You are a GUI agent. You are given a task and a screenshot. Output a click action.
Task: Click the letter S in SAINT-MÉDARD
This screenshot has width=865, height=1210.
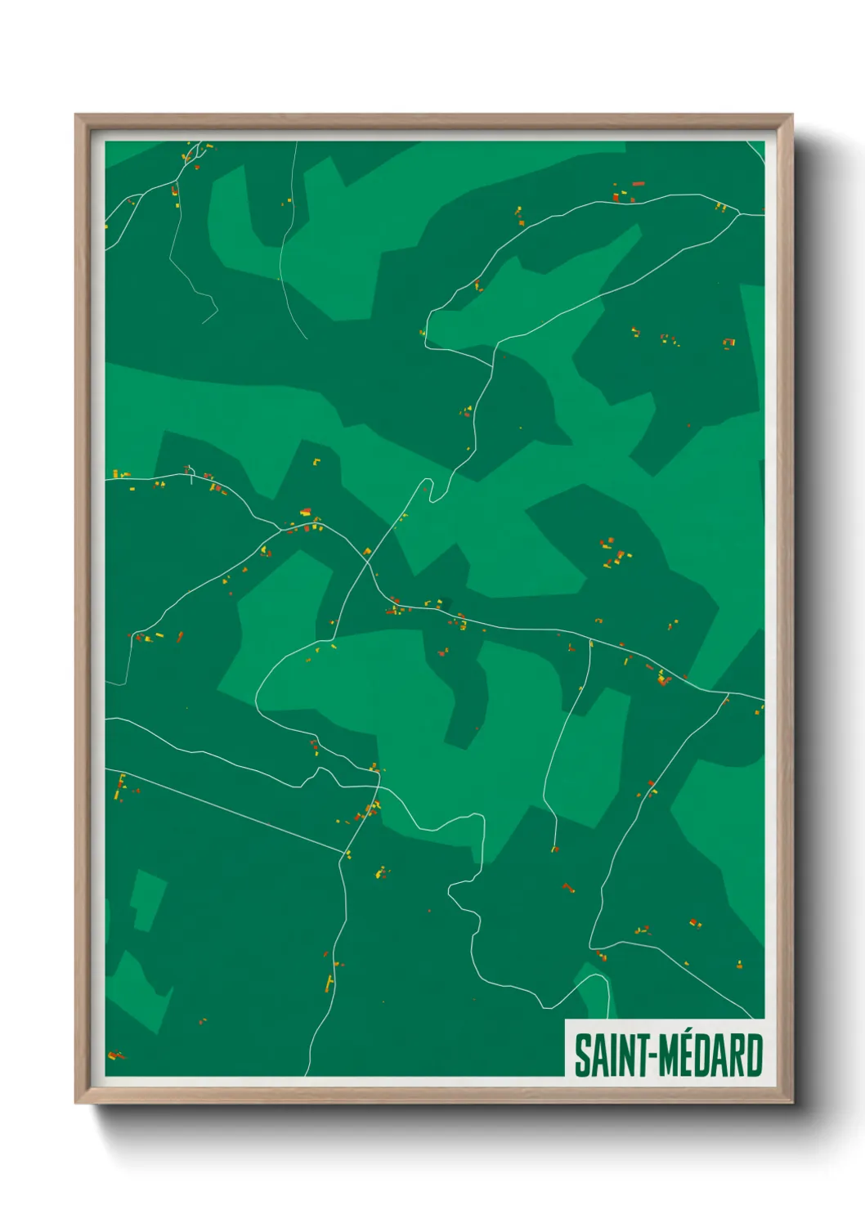[x=583, y=1055]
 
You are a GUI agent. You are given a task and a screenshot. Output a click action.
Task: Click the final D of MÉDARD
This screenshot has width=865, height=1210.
[x=754, y=1055]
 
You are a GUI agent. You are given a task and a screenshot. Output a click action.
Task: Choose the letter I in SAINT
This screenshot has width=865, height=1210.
[x=612, y=1055]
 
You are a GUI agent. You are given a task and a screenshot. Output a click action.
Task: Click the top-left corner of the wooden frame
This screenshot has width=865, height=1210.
[x=76, y=115]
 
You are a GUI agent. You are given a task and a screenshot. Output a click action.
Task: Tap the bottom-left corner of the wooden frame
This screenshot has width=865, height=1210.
[x=76, y=1103]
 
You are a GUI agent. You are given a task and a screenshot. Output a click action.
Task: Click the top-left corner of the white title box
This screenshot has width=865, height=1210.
[x=566, y=1020]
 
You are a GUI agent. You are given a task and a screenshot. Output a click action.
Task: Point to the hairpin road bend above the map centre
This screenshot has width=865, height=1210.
[x=427, y=482]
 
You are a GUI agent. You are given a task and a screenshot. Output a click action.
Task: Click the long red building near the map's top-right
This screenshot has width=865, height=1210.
[x=639, y=184]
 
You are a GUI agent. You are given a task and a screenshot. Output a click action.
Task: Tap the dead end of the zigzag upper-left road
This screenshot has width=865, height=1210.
[x=203, y=323]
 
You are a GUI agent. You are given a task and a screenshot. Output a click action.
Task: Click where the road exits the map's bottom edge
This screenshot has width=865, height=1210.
[x=306, y=1074]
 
